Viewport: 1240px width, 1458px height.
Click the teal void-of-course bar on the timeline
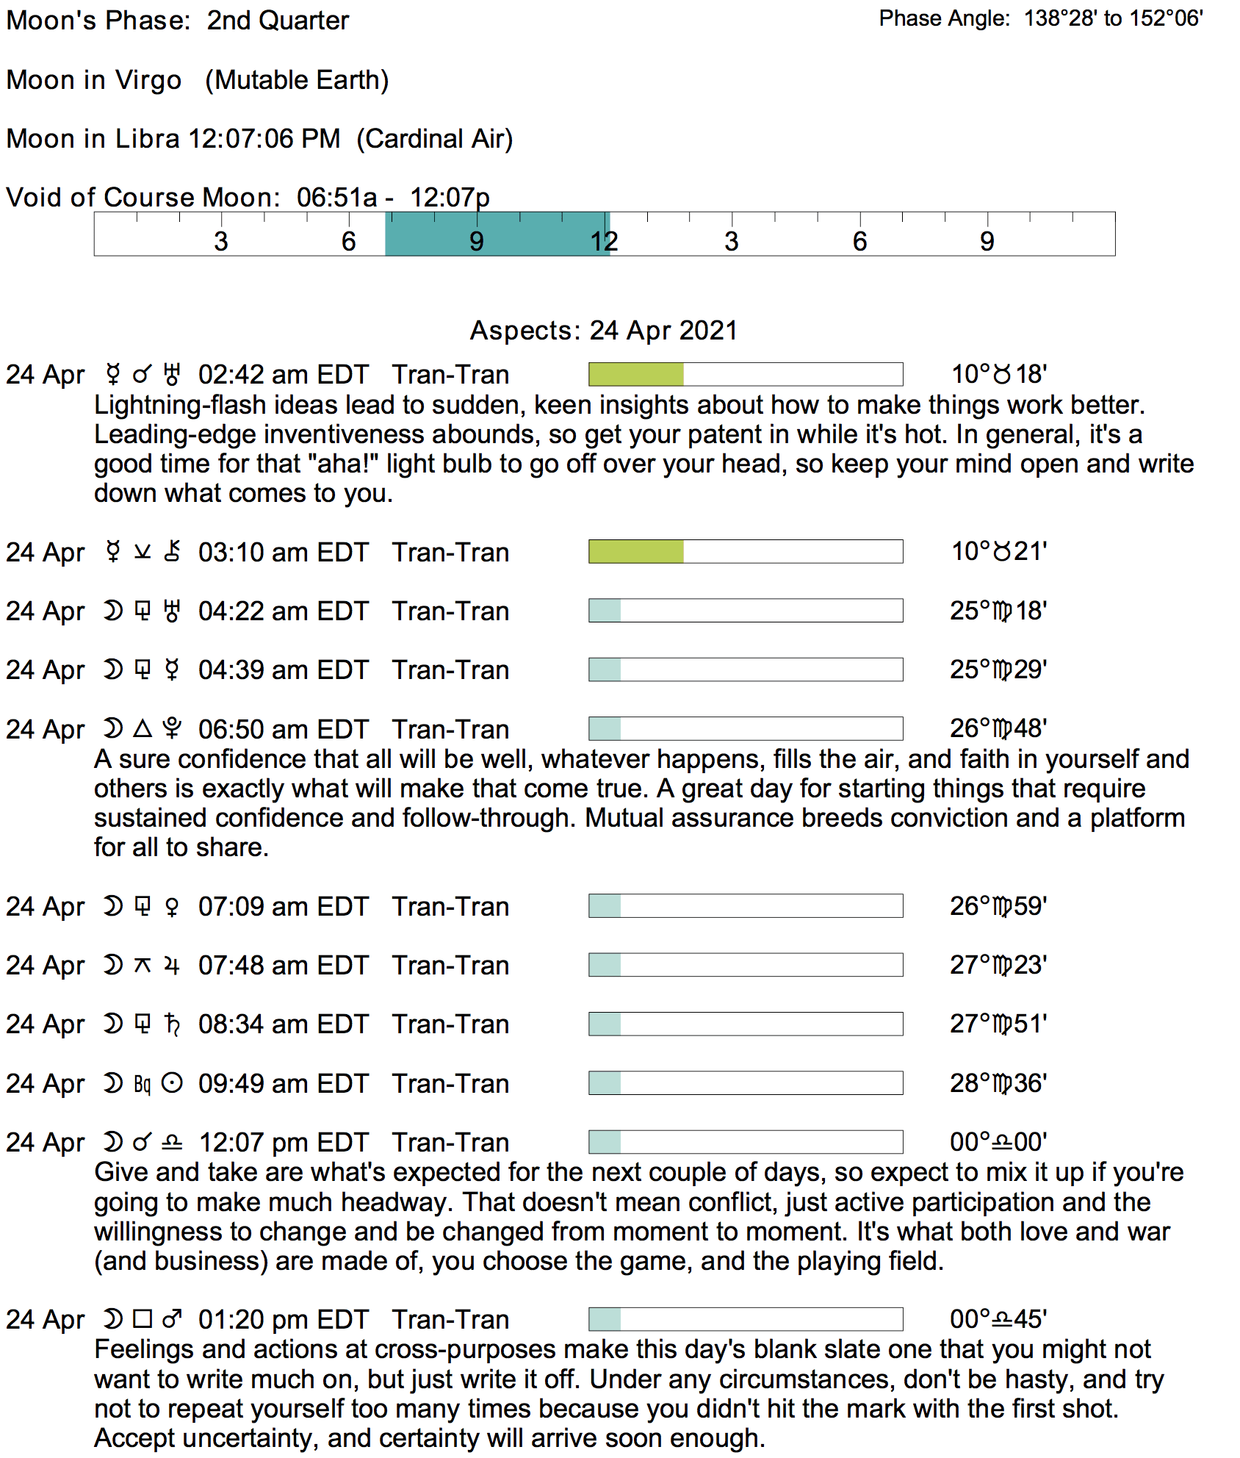pos(497,234)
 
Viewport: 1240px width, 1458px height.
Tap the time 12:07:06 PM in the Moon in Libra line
pos(264,139)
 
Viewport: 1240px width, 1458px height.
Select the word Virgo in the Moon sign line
pos(148,80)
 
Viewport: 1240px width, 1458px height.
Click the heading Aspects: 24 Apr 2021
pos(603,331)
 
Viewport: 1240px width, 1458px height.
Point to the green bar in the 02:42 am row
pos(636,374)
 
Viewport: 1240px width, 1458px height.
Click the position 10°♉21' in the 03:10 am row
pos(998,551)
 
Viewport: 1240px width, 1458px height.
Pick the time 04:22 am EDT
pos(283,611)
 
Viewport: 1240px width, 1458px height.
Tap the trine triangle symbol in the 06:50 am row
pos(143,729)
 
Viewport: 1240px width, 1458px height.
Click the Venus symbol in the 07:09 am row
pos(172,907)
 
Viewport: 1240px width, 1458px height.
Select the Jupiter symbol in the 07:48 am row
pos(172,966)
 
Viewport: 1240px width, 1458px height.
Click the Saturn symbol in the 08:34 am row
pos(172,1024)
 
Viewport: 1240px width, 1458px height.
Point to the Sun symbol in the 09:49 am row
pos(172,1083)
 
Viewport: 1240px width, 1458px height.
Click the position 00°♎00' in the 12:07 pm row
pos(998,1142)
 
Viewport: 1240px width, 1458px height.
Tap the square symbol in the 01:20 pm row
pos(143,1320)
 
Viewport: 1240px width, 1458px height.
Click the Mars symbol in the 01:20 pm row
pos(172,1320)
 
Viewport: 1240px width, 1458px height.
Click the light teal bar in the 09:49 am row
pos(605,1083)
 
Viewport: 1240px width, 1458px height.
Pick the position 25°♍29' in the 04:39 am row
pos(998,669)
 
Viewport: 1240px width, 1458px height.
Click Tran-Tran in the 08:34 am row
pos(450,1024)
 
